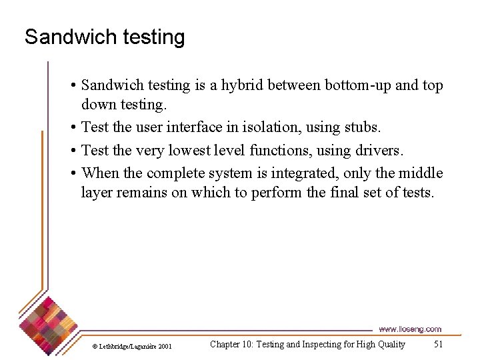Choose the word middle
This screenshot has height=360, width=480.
click(x=420, y=173)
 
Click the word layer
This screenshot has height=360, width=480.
click(x=97, y=193)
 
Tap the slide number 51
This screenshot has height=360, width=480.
click(x=438, y=344)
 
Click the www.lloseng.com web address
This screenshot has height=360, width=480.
click(x=410, y=329)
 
